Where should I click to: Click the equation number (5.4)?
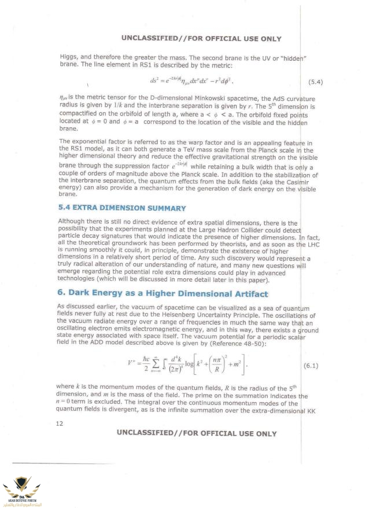313,81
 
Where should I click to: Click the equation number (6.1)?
314,366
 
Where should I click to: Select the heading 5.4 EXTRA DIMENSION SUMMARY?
122,208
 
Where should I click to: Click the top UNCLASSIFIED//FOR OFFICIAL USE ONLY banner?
201,39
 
